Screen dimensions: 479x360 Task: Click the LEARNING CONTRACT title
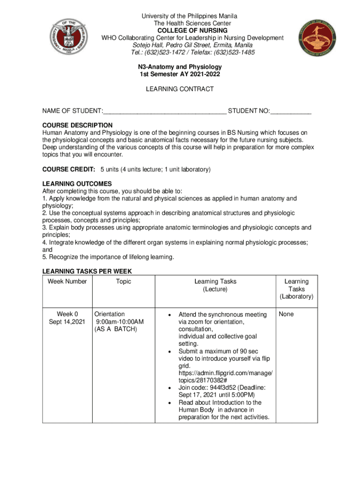click(180, 89)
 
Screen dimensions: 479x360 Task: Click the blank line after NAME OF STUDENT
click(165, 111)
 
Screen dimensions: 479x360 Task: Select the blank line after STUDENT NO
click(291, 111)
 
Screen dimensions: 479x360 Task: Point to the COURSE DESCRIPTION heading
click(78, 125)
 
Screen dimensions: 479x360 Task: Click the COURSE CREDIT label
click(69, 169)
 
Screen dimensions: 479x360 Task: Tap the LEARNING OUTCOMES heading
click(77, 184)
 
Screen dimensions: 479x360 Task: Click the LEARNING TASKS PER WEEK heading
click(87, 271)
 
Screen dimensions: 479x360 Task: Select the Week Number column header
click(67, 282)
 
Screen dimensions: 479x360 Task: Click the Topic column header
click(123, 282)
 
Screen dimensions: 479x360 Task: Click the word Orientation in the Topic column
click(109, 314)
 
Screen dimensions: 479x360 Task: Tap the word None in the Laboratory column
click(286, 314)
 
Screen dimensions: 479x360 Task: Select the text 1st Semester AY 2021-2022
click(180, 74)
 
